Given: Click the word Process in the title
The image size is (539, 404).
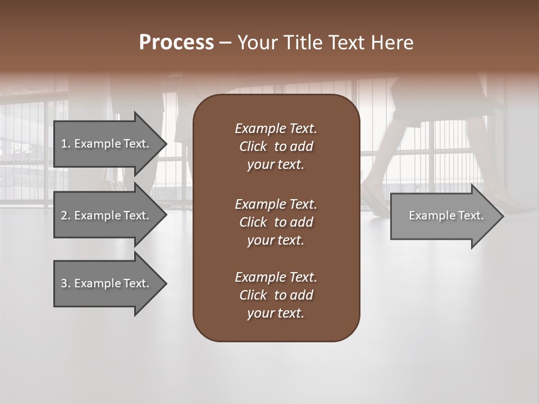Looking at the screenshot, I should pos(176,43).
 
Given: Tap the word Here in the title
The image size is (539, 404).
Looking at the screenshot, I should pos(392,43).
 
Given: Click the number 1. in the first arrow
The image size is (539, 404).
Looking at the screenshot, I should pos(65,144).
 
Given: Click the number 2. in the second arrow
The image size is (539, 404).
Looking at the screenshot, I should pos(65,215).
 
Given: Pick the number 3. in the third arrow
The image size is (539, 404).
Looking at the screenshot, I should pos(65,283).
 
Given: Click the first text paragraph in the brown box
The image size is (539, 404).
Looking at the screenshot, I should pos(276,146).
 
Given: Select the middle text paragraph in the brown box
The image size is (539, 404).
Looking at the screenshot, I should pos(276,222).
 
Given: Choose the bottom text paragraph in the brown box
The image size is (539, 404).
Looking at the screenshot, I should pos(276,295).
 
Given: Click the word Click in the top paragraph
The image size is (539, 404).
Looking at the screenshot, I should pos(253,146).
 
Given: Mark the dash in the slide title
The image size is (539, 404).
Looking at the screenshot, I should pos(225,43).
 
